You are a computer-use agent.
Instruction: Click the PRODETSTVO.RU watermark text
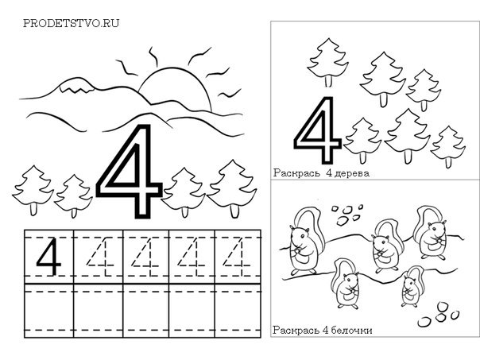(71, 23)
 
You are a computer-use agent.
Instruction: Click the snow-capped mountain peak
(76, 85)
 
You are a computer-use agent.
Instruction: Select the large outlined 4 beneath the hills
(130, 172)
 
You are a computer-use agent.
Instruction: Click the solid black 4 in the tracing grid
(49, 257)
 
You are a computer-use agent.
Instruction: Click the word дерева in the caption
(352, 173)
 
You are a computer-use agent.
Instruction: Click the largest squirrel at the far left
(303, 242)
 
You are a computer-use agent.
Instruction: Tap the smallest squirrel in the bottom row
(410, 287)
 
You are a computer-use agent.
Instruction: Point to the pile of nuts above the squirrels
(347, 215)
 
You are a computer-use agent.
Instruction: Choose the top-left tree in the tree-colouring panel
(328, 63)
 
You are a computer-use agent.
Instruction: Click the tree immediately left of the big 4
(73, 196)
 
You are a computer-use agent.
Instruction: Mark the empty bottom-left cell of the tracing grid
(49, 311)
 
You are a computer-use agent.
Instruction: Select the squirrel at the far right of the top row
(430, 234)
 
